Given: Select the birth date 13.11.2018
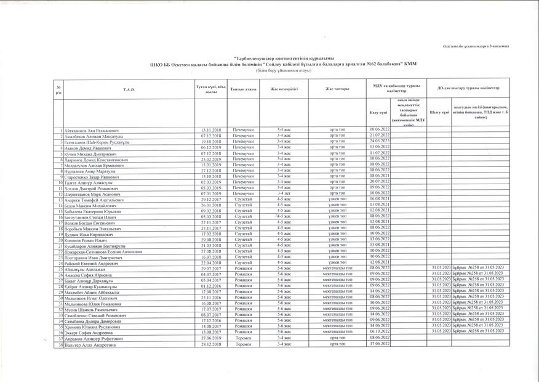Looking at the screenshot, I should pos(211,130).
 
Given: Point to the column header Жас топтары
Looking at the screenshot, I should pos(337,90).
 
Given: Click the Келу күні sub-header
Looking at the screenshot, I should pos(378,113).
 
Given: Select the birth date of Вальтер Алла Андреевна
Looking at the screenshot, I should pos(211,344).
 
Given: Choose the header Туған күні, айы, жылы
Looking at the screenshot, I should pos(211,90).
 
